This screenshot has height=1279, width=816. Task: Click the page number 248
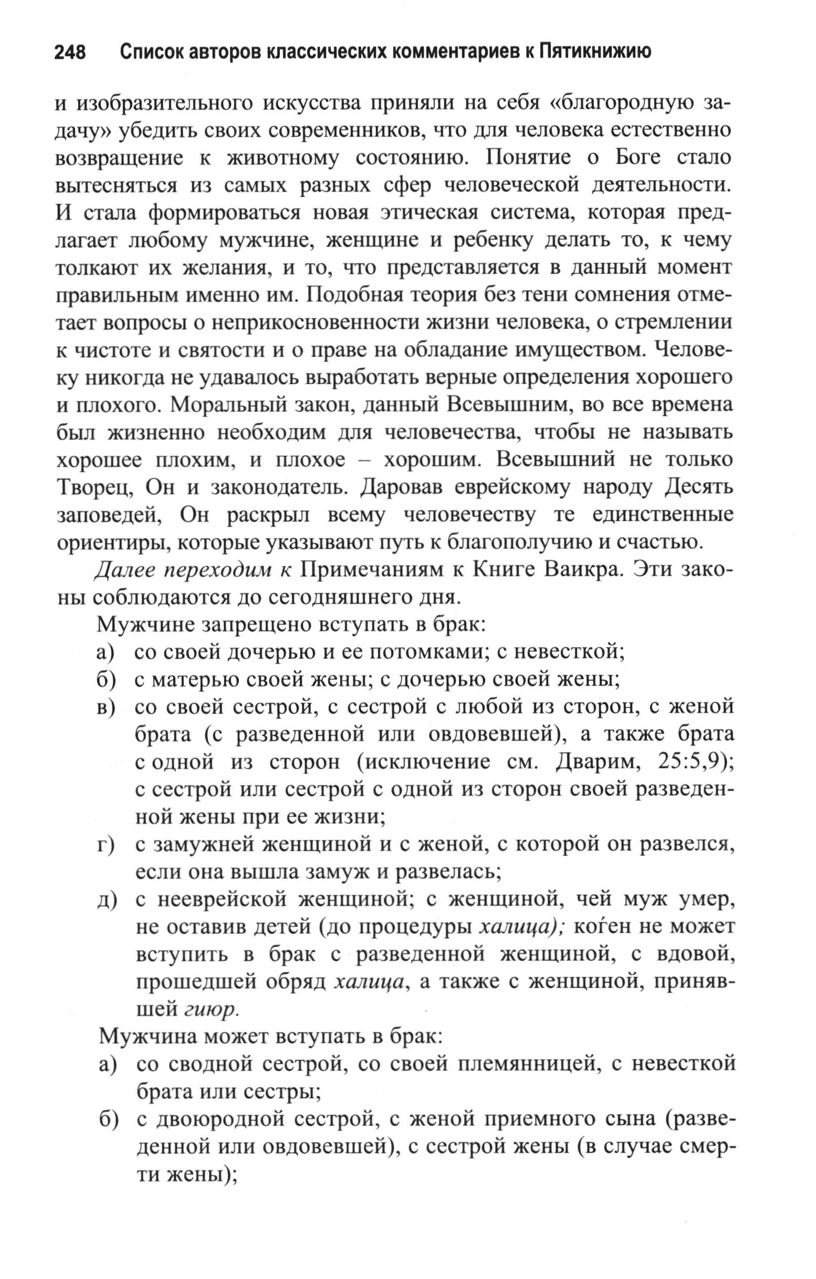click(70, 53)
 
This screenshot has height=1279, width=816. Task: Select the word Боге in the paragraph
click(639, 158)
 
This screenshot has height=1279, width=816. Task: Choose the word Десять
click(699, 487)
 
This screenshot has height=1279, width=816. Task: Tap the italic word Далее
click(126, 569)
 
